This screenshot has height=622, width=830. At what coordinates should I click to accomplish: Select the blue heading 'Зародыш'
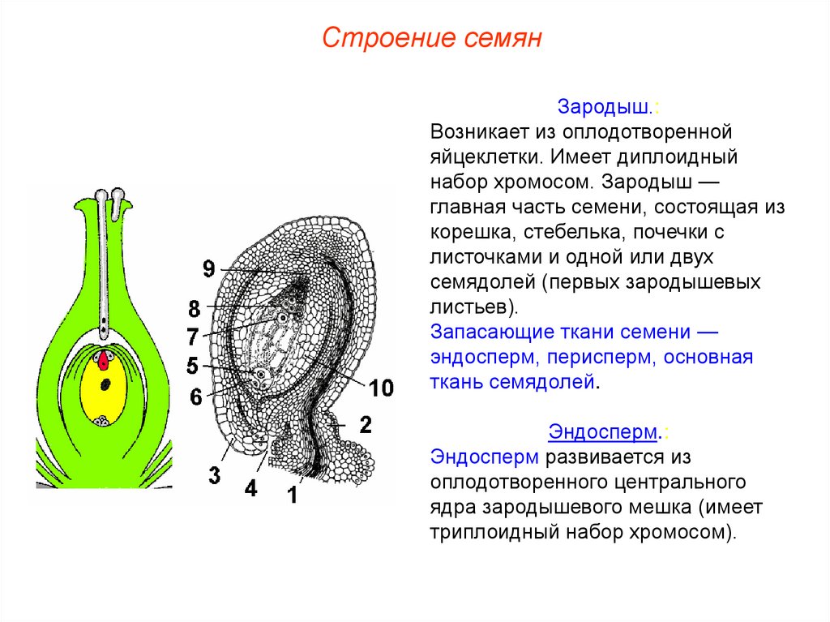[x=605, y=107]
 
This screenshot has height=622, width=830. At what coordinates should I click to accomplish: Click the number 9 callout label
[x=209, y=268]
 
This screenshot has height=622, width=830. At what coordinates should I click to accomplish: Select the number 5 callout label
[x=192, y=366]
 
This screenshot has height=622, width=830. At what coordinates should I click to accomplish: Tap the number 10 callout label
[x=381, y=388]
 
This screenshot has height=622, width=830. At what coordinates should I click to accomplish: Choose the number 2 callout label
[x=365, y=423]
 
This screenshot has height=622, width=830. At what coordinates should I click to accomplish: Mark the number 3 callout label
[x=214, y=475]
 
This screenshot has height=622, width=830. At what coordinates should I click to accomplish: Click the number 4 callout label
[x=250, y=488]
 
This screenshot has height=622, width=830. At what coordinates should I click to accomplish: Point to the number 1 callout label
[x=292, y=493]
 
